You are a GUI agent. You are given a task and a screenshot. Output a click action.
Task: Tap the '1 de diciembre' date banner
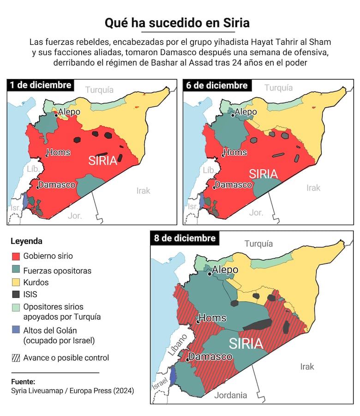click(x=41, y=85)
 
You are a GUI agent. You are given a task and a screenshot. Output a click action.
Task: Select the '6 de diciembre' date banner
click(x=216, y=85)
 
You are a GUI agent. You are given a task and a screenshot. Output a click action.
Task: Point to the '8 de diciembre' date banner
click(x=185, y=238)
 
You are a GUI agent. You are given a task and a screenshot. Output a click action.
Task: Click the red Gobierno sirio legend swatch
click(x=15, y=256)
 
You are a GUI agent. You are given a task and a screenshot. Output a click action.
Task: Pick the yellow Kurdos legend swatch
click(x=15, y=282)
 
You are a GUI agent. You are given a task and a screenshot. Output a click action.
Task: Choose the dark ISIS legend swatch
click(x=15, y=294)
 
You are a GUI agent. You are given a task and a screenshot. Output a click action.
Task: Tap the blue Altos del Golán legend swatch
click(x=15, y=330)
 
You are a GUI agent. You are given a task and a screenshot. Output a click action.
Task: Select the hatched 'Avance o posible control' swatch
click(x=15, y=358)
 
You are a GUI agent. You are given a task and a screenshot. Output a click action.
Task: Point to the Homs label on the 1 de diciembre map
click(x=58, y=152)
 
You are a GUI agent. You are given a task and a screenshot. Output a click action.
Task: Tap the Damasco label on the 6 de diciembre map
click(x=233, y=185)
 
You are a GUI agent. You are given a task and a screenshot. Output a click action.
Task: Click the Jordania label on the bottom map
click(x=230, y=395)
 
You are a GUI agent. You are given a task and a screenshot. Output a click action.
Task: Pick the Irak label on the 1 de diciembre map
click(x=143, y=190)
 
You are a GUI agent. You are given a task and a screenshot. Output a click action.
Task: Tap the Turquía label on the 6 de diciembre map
click(x=278, y=88)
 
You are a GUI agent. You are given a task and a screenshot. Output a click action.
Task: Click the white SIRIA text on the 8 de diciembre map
click(x=246, y=344)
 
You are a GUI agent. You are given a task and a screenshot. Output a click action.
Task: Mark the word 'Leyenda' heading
click(x=26, y=241)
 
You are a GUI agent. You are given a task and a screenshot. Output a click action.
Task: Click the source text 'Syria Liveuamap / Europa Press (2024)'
click(x=72, y=391)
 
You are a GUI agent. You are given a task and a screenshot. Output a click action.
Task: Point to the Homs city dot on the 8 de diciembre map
click(x=198, y=322)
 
